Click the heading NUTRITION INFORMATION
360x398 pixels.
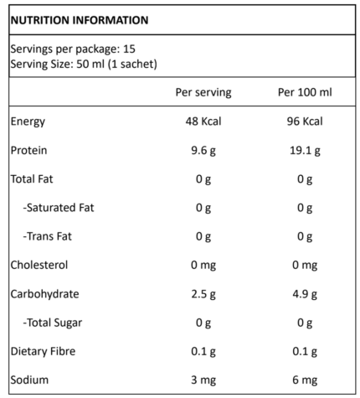coord(80,20)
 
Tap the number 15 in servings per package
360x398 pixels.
coord(129,49)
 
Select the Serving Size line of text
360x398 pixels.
coord(84,65)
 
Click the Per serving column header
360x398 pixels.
coord(203,92)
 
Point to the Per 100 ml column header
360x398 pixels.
coord(305,92)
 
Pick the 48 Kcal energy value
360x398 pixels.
coord(203,121)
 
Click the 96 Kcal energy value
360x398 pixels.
coord(305,121)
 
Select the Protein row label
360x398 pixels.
coord(28,150)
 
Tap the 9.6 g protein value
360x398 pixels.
coord(203,151)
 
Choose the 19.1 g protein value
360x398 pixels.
coord(305,151)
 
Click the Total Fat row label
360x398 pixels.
coord(32,179)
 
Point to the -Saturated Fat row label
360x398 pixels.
coord(59,208)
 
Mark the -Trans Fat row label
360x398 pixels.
coord(47,236)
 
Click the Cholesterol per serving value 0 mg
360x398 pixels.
coord(203,266)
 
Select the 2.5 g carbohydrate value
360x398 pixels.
coord(203,294)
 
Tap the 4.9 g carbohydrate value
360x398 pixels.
coord(305,294)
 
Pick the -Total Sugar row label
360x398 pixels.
coord(53,323)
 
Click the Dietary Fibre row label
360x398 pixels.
coord(43,351)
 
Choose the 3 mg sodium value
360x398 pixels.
coord(203,380)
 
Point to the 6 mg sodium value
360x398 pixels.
coord(305,380)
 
